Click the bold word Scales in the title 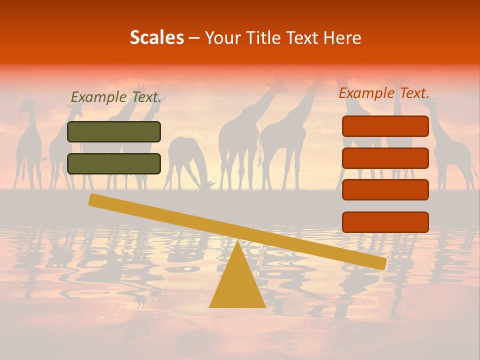(156, 37)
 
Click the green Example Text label (116, 97)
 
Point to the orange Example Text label (384, 92)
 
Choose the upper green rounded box (114, 131)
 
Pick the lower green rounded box (114, 163)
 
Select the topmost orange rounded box (385, 126)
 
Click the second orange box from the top (385, 158)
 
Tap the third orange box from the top (385, 190)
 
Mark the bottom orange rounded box (385, 222)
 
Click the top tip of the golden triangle (237, 242)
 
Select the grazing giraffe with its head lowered (187, 160)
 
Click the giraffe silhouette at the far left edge (29, 145)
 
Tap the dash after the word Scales (194, 38)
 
